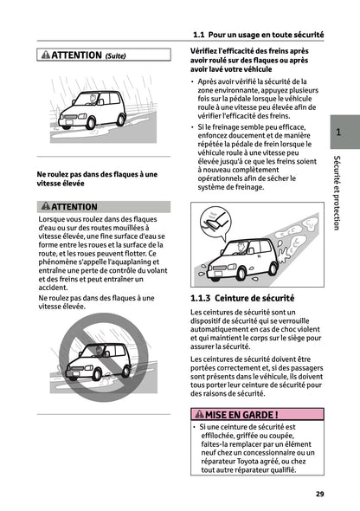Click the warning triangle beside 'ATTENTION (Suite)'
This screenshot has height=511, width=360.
45,55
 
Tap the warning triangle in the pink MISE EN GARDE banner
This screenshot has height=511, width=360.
196,413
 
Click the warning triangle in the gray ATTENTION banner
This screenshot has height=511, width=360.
45,207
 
